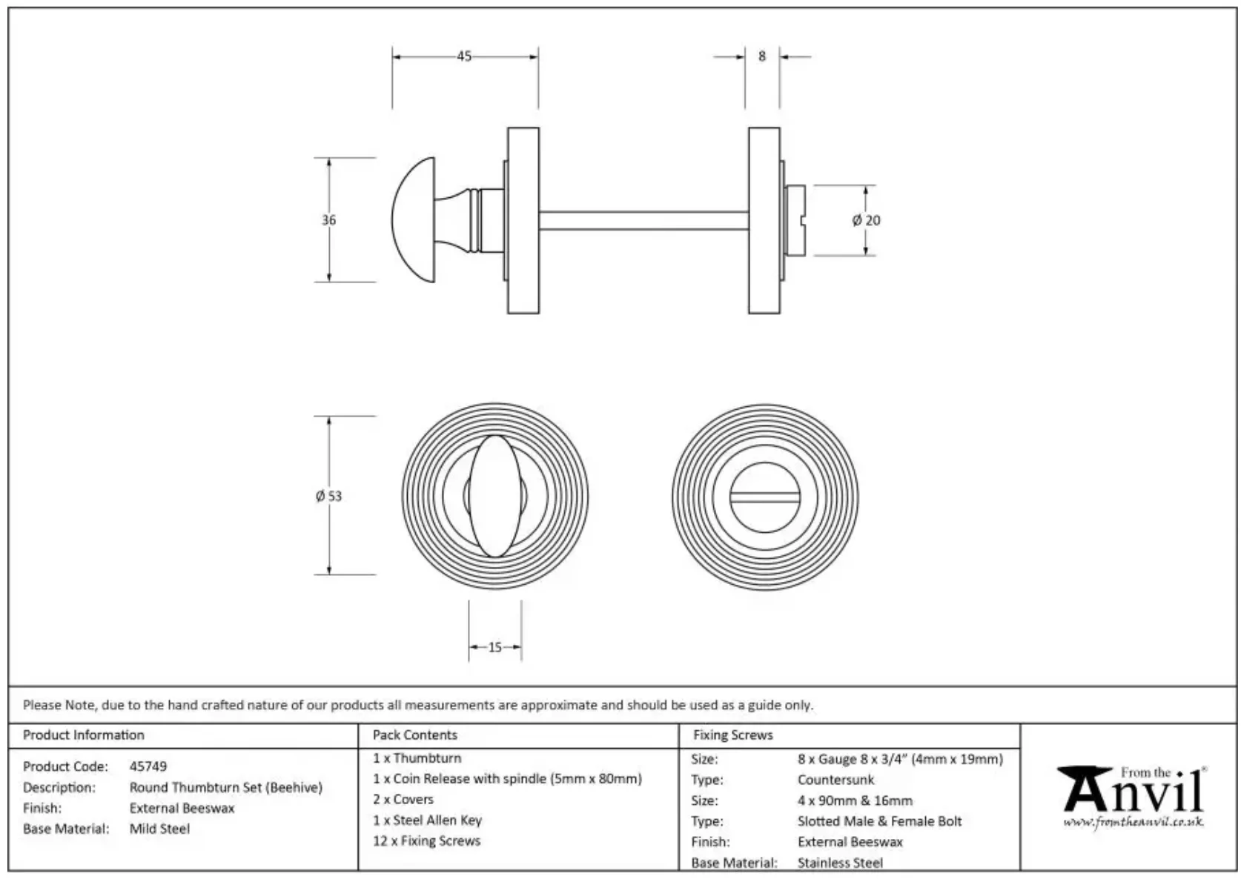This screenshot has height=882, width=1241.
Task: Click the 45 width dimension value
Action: click(x=464, y=56)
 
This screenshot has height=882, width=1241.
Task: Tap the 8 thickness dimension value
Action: click(x=761, y=56)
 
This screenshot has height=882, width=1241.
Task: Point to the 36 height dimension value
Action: click(x=328, y=220)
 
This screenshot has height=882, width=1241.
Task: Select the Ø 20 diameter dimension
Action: click(x=866, y=220)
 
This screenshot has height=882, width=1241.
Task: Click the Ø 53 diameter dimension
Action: click(x=328, y=496)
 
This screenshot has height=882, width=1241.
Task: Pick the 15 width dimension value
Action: click(x=494, y=648)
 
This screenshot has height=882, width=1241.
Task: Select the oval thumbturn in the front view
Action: click(x=494, y=496)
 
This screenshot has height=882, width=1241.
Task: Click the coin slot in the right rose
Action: click(x=764, y=496)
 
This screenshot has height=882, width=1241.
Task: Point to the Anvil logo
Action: click(x=1133, y=790)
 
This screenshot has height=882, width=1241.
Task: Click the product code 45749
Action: click(x=148, y=766)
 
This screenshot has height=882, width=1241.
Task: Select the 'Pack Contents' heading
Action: click(x=414, y=735)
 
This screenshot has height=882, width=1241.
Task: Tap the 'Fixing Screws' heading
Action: click(x=732, y=735)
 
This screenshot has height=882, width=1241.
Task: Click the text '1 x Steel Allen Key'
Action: click(x=427, y=820)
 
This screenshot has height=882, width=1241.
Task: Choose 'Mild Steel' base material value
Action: click(x=159, y=829)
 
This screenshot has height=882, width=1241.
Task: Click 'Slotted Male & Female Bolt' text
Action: click(x=879, y=821)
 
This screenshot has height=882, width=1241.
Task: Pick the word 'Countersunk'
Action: click(x=835, y=780)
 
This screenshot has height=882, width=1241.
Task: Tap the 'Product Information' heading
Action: click(x=84, y=735)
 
